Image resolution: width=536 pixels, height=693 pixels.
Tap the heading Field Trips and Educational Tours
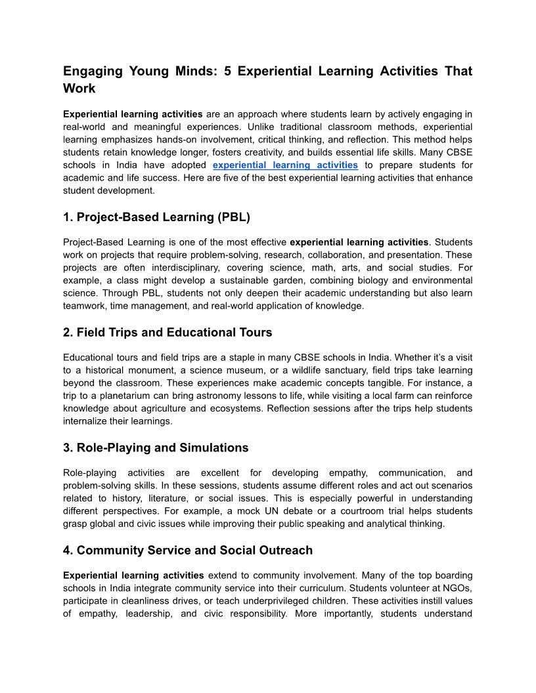[x=167, y=333]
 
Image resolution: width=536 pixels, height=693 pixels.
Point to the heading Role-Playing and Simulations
[x=156, y=448]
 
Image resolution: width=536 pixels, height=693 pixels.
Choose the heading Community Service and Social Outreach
[x=188, y=551]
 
